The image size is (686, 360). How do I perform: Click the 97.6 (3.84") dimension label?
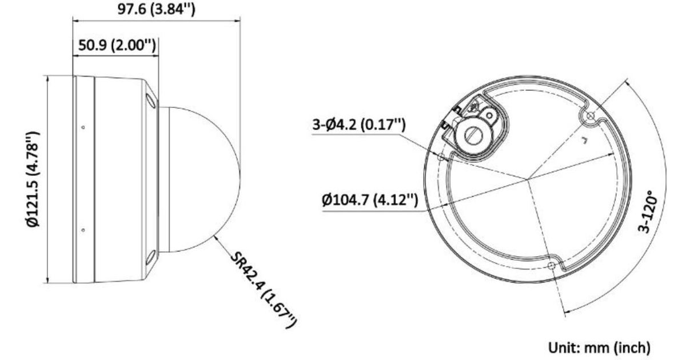point(157,9)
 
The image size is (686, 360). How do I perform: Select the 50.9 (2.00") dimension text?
point(117,45)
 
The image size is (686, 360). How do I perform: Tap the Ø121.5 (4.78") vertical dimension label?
point(33,179)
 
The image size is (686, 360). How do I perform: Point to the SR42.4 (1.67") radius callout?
point(264,290)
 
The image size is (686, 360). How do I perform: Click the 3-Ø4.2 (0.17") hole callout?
point(359,125)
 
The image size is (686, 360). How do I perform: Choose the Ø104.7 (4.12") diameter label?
point(370,200)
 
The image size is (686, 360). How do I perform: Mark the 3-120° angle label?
point(648,211)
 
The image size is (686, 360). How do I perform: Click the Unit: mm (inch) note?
point(599,348)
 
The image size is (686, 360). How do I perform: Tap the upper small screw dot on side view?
point(83,127)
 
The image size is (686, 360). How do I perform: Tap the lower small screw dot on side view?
point(83,230)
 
